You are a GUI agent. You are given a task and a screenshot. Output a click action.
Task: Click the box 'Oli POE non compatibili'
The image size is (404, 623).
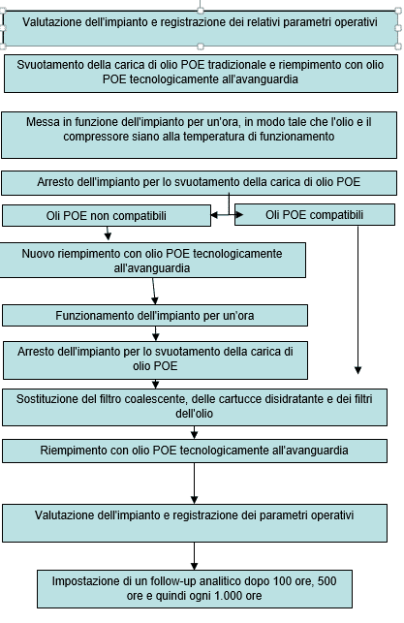pyautogui.click(x=107, y=216)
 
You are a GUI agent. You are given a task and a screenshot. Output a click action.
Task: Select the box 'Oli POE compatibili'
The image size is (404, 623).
pyautogui.click(x=315, y=214)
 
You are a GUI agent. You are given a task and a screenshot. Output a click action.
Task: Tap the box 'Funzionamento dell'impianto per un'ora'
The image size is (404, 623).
pyautogui.click(x=155, y=316)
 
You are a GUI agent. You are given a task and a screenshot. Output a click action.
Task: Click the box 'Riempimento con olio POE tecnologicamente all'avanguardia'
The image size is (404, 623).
pyautogui.click(x=195, y=451)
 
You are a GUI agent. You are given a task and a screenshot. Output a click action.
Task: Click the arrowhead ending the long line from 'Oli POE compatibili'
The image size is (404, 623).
pyautogui.click(x=357, y=370)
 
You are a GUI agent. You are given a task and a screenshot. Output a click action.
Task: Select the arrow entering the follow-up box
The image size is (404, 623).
pyautogui.click(x=195, y=556)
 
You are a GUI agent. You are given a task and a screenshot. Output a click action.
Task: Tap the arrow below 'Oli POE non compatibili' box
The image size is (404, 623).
pyautogui.click(x=108, y=234)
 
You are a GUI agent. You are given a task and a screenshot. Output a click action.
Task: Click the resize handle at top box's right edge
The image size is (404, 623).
pyautogui.click(x=398, y=28)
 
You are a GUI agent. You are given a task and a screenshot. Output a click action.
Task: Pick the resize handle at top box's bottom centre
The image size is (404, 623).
pyautogui.click(x=201, y=47)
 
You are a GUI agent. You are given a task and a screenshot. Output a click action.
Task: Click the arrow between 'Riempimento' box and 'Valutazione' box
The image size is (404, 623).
pyautogui.click(x=195, y=483)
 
